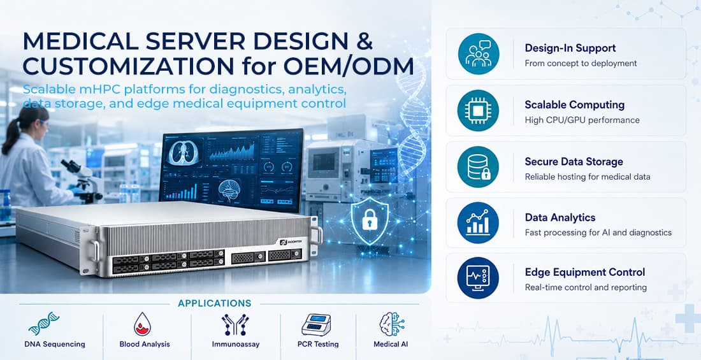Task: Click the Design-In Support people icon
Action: tap(479, 54)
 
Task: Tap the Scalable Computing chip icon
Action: tap(479, 110)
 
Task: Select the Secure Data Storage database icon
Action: tap(479, 167)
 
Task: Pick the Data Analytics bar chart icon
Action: tap(479, 223)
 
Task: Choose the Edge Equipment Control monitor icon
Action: tap(479, 278)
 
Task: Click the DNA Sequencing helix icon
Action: tap(44, 323)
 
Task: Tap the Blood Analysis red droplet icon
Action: tap(142, 324)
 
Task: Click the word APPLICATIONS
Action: tap(215, 304)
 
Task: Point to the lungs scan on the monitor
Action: tap(184, 152)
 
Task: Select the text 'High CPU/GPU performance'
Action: tap(582, 120)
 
